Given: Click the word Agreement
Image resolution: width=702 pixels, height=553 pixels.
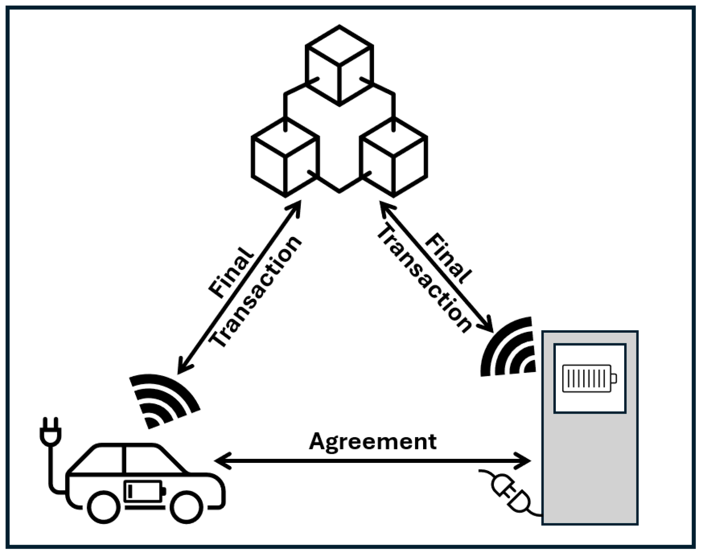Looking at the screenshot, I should pyautogui.click(x=372, y=441).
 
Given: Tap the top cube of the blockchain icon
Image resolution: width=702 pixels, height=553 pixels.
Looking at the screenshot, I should pyautogui.click(x=339, y=66).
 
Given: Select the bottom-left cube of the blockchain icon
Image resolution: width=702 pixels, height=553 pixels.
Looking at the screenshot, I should pyautogui.click(x=285, y=157).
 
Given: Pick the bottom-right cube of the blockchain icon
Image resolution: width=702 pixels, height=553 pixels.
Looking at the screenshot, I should pyautogui.click(x=393, y=157).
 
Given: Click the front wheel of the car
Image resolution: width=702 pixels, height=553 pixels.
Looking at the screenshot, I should pyautogui.click(x=186, y=507).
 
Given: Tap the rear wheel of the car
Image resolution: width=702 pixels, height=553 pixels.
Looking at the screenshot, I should pyautogui.click(x=104, y=507).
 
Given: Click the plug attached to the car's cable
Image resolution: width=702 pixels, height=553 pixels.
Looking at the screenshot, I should pyautogui.click(x=50, y=432).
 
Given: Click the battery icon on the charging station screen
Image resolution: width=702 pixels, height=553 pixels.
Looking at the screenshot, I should pyautogui.click(x=589, y=378).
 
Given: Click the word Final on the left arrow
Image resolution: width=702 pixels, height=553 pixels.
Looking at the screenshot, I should pyautogui.click(x=230, y=272).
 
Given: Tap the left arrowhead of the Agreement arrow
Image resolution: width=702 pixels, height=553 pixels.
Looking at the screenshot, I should pyautogui.click(x=221, y=461).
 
